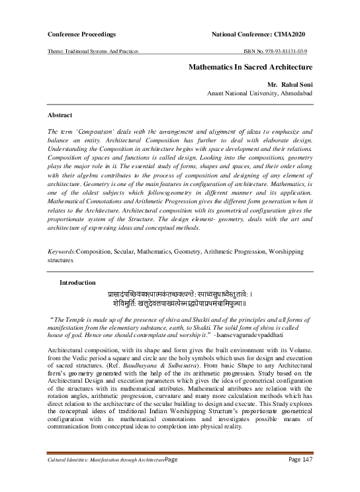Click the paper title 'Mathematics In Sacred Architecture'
(x=251, y=68)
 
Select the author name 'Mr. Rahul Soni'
(x=289, y=85)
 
